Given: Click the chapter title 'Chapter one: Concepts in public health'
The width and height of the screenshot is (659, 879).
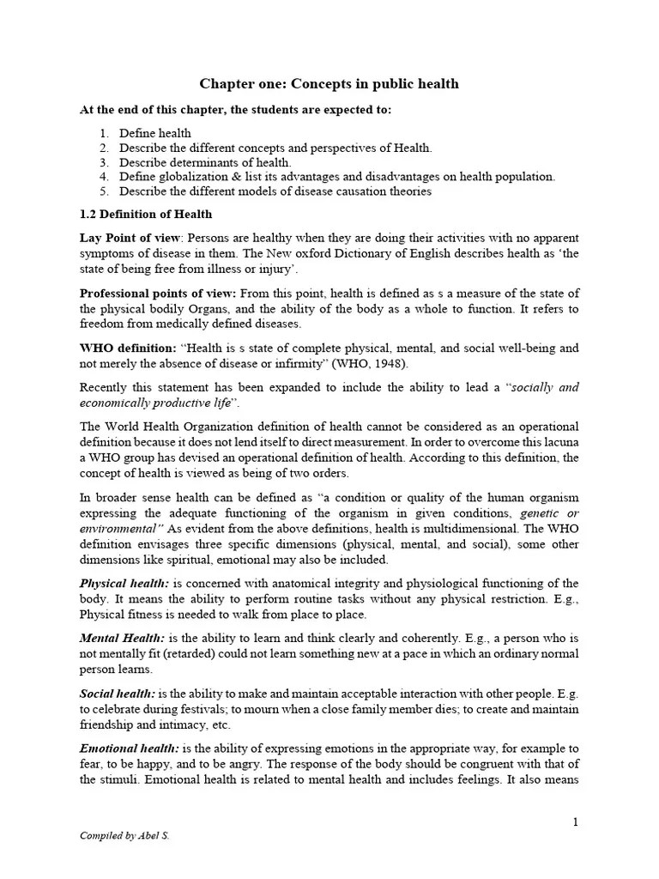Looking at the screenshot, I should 329,83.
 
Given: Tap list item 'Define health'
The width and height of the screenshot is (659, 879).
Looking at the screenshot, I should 155,133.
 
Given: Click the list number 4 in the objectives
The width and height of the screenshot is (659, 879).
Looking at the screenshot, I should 104,177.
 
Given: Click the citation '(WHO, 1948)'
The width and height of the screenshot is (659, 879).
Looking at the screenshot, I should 349,362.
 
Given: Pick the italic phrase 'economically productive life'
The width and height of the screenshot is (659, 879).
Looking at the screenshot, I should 154,403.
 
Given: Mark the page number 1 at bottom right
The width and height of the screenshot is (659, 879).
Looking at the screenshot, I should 576,822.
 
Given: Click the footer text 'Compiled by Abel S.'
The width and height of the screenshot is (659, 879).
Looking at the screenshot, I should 124,835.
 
